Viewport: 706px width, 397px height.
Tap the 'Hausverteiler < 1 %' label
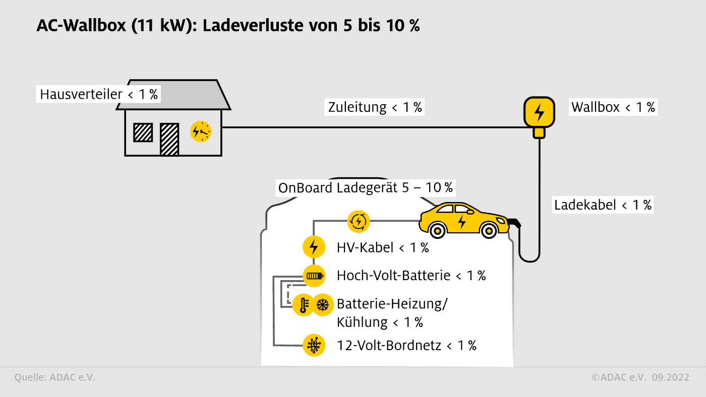click(98, 94)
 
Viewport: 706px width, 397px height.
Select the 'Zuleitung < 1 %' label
click(375, 107)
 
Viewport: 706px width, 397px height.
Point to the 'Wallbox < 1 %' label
click(613, 107)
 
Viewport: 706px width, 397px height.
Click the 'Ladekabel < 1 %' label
click(603, 205)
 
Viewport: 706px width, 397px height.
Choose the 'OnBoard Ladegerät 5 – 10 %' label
click(366, 188)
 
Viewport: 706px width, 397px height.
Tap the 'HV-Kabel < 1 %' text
click(383, 247)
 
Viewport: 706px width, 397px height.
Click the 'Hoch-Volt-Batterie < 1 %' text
click(411, 276)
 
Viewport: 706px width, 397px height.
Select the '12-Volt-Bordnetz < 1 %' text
click(406, 345)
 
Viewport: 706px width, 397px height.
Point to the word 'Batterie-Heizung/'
click(392, 304)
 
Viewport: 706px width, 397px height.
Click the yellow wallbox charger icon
click(539, 112)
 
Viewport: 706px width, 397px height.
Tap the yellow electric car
click(463, 220)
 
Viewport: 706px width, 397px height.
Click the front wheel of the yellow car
click(488, 231)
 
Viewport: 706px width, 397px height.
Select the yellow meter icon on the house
click(201, 132)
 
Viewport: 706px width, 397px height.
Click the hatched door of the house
click(169, 139)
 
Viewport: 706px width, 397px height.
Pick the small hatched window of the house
click(143, 132)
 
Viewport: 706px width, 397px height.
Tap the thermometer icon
click(304, 305)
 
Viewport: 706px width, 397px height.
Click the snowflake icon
click(322, 305)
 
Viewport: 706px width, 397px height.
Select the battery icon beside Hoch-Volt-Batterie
click(313, 276)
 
